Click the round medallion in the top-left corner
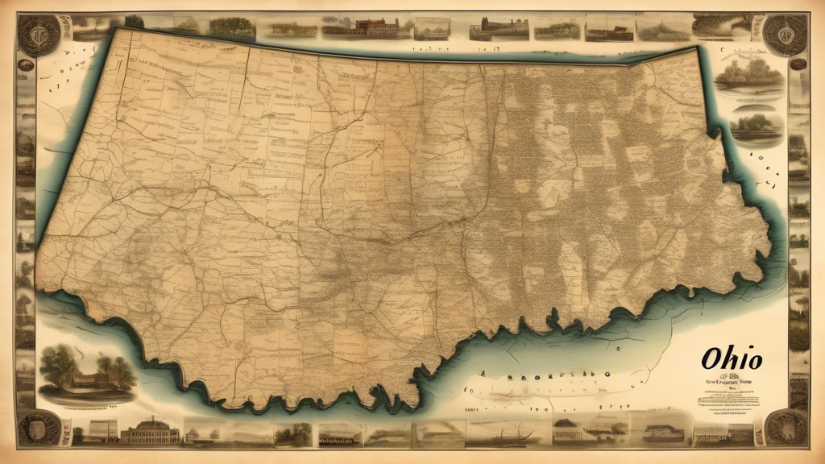[x=38, y=35]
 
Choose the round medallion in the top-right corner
[x=786, y=34]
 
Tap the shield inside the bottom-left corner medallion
[x=38, y=428]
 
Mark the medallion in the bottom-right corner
[x=785, y=427]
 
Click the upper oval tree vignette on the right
[x=748, y=77]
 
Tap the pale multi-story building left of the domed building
[x=103, y=431]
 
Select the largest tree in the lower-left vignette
[x=61, y=362]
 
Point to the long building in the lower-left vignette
[x=92, y=380]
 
